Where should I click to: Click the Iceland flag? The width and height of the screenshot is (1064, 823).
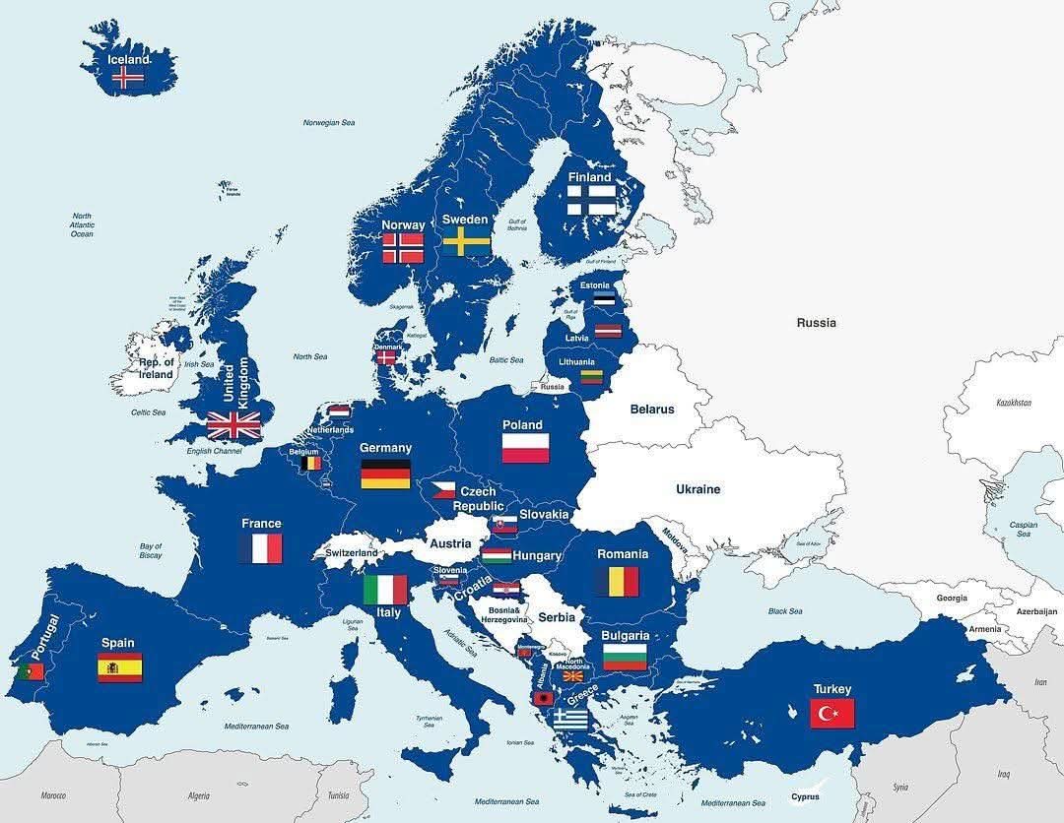pos(128,78)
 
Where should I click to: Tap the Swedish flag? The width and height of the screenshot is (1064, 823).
pos(466,241)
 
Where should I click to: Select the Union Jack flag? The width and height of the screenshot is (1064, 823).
pos(234,425)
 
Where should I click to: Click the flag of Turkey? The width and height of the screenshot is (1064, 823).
pos(831,713)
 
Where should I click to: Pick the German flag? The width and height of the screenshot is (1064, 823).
pos(385,474)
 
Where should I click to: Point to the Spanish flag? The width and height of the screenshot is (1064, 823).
pos(119,667)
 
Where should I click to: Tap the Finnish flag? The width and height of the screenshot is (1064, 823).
pos(590,201)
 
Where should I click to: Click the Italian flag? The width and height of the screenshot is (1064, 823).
pos(385,590)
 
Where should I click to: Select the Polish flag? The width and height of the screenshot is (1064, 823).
pos(525,448)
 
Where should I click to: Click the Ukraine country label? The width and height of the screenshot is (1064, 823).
pos(698,489)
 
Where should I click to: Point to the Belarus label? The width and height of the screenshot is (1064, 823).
pos(652,409)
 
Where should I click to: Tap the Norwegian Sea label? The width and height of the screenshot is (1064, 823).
pos(328,123)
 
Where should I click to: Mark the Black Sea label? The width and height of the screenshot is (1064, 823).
pos(785,611)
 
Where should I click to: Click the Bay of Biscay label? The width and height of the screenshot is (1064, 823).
pos(151,550)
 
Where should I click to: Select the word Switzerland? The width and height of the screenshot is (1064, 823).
pos(352,553)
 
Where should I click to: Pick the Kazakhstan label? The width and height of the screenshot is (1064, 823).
pos(1013,403)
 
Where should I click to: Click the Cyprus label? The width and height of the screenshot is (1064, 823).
pos(805,797)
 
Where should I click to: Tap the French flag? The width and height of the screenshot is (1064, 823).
pos(261,548)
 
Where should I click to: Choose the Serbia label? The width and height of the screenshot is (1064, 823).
pos(557,617)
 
